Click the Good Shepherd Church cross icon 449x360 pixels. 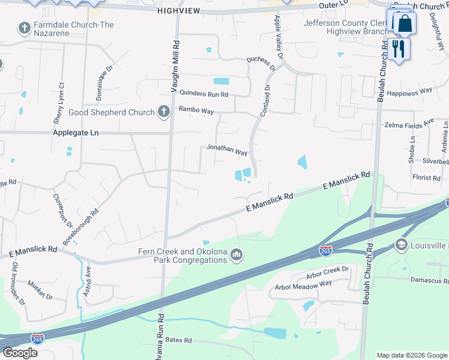[163, 112]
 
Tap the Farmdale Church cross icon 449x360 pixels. [24, 28]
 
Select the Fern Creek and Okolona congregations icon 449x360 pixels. [237, 256]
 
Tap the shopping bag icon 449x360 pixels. [405, 24]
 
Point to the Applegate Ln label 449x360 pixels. [76, 133]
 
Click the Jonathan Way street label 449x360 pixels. [227, 150]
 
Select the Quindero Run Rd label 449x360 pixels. [204, 94]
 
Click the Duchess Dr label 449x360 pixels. [261, 64]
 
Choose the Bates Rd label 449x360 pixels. [178, 340]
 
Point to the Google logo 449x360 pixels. [20, 353]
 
